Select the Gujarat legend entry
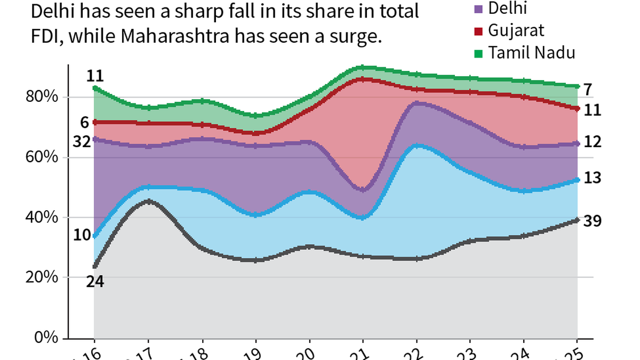516,30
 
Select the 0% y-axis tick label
46,338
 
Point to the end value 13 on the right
593,178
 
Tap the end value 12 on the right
593,142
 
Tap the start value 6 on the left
84,122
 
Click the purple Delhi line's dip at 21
363,190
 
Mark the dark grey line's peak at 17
149,201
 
